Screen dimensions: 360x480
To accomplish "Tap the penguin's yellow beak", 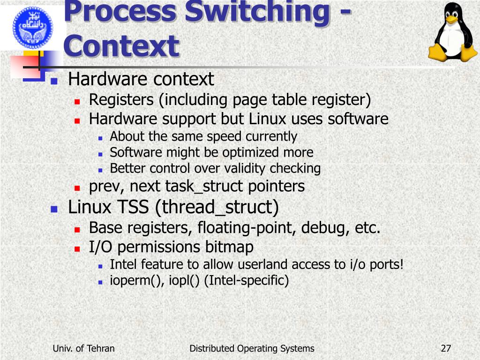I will (x=452, y=20).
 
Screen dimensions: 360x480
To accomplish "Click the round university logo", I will (x=33, y=25).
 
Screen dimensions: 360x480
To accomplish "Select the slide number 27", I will (x=446, y=348).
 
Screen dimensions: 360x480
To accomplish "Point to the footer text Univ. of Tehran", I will (x=84, y=348).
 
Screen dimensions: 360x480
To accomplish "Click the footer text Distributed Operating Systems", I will (x=252, y=348).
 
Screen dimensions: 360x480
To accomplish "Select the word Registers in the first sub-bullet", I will (x=121, y=100).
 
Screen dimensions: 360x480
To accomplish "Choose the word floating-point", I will (x=247, y=228).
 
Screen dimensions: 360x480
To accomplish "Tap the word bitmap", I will (x=230, y=247).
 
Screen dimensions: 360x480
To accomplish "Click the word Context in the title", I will (x=121, y=46).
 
